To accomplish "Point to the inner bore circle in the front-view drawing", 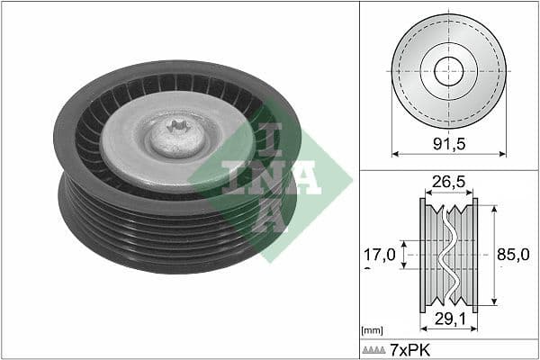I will coord(448,71).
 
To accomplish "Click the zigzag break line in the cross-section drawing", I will coord(448,255).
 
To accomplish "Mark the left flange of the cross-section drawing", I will coord(423,255).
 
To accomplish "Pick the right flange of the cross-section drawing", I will coord(474,255).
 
